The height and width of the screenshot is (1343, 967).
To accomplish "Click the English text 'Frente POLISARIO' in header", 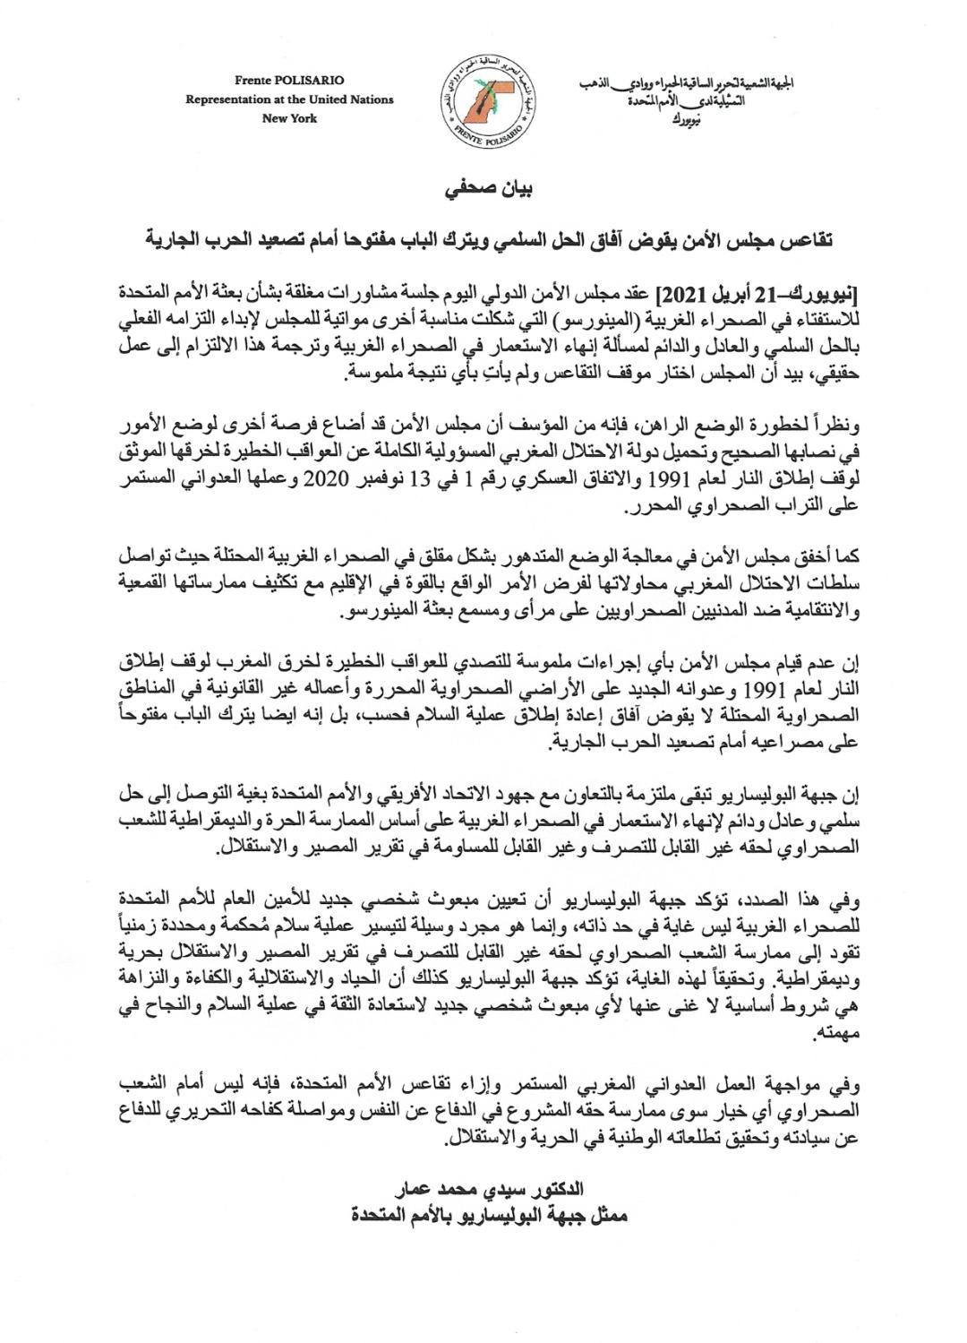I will pyautogui.click(x=288, y=81).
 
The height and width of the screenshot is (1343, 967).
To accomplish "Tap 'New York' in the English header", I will pyautogui.click(x=288, y=118).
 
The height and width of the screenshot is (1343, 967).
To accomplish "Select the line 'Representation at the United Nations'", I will pyautogui.click(x=288, y=99).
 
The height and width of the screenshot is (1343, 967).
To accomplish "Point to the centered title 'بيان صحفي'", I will pyautogui.click(x=483, y=191).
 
